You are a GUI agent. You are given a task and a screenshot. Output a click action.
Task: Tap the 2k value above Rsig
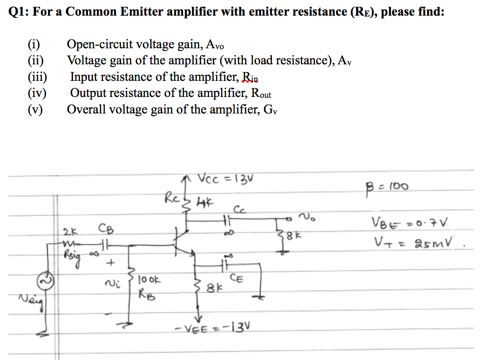(x=69, y=230)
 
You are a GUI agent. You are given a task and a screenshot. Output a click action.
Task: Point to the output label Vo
(x=307, y=216)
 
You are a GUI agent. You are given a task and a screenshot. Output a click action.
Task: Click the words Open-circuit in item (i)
(x=98, y=44)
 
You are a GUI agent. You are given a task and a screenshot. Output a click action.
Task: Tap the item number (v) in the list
(x=36, y=110)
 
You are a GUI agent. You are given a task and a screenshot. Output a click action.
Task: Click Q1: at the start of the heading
(x=18, y=12)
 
